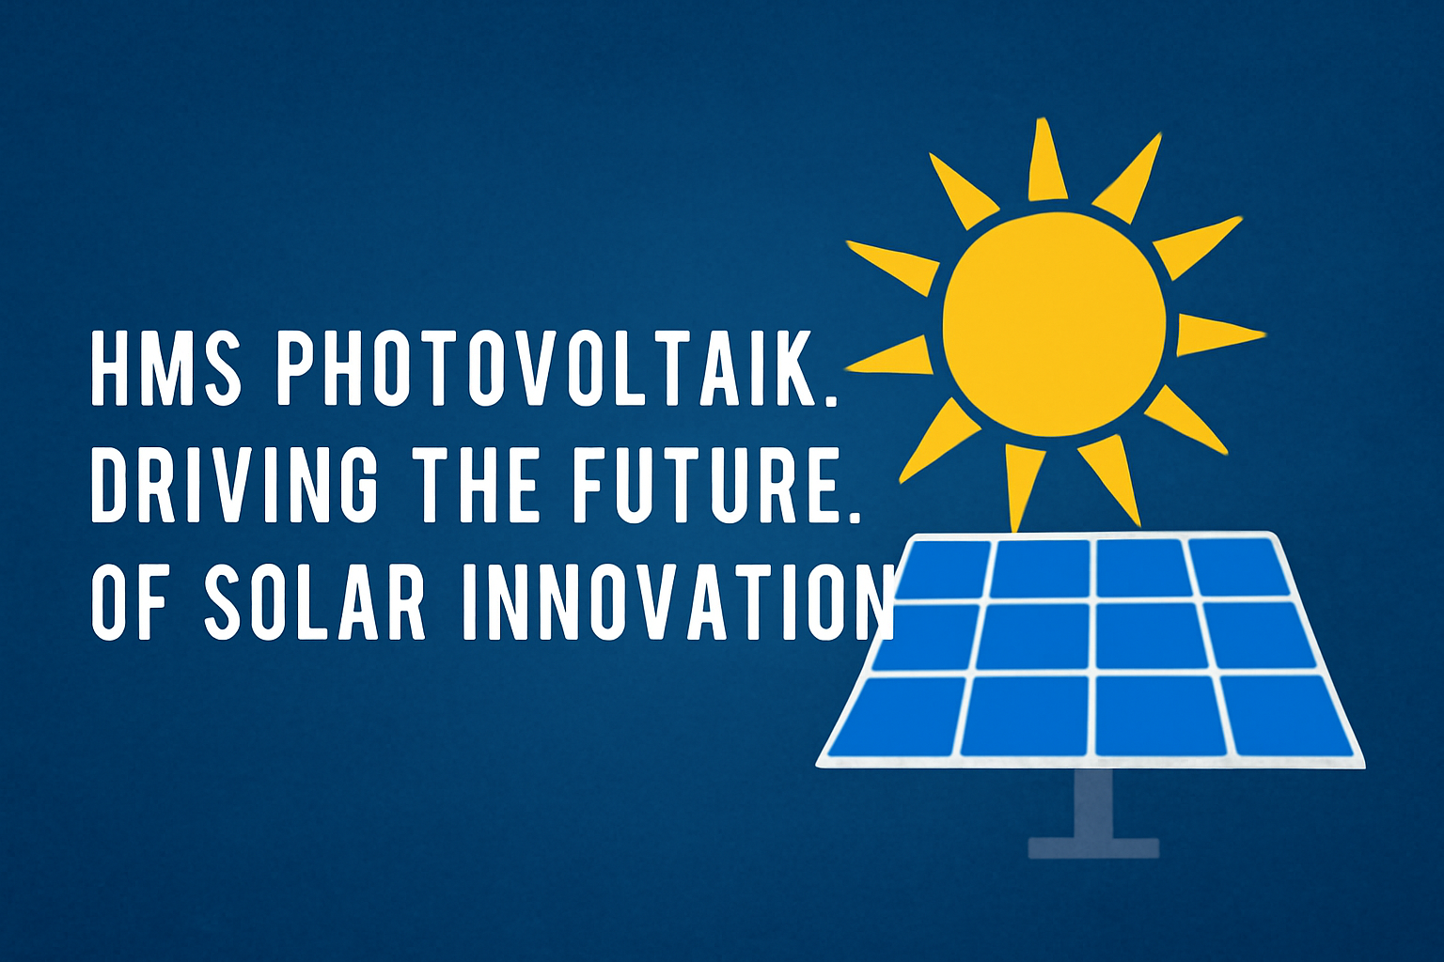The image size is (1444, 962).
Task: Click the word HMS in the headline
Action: (166, 368)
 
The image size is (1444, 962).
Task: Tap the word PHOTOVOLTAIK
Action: (546, 368)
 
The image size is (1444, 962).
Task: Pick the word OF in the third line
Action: (131, 602)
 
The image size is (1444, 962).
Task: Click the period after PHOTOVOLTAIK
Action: (830, 399)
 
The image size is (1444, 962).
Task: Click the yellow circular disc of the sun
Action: (1055, 324)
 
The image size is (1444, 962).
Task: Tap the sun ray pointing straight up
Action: (1045, 161)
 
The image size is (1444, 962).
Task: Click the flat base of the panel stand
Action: (1093, 848)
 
